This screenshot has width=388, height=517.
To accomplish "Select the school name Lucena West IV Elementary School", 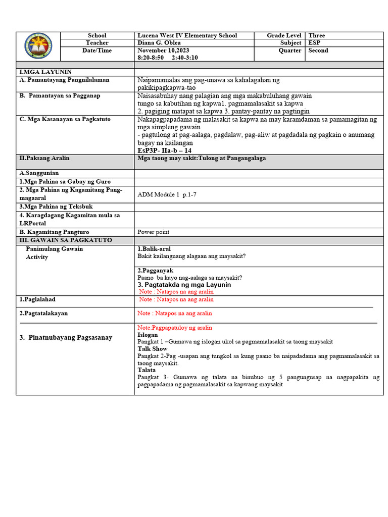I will tap(187, 35).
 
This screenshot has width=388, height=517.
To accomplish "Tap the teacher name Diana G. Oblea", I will tap(159, 43).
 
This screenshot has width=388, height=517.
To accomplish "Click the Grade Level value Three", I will tap(317, 35).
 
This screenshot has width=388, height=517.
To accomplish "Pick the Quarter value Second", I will tap(318, 50).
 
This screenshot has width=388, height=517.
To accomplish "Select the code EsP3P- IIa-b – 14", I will tap(164, 150).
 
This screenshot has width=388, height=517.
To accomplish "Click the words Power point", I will tap(154, 232).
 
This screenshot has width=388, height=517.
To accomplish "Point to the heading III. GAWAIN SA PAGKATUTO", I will tap(66, 240).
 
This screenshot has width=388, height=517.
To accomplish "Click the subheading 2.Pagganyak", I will tap(152, 270).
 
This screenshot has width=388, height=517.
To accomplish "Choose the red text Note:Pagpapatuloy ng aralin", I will tap(175, 328).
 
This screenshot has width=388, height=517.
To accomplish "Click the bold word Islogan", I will tap(148, 335).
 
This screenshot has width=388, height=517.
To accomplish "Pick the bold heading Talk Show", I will tap(152, 349).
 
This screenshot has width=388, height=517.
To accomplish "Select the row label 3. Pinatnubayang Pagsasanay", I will tap(66, 337).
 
